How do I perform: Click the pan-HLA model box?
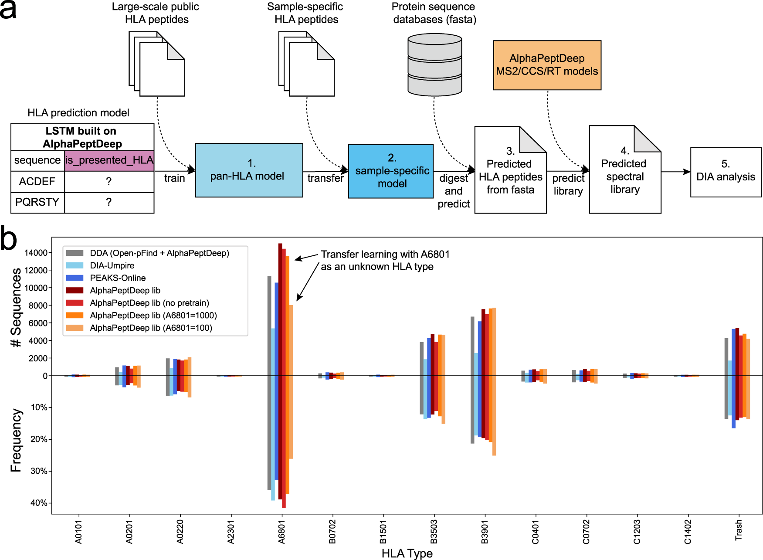[x=249, y=170]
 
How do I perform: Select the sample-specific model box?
[x=391, y=171]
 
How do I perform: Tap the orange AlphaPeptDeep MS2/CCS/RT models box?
[x=547, y=65]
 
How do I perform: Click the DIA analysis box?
[x=726, y=172]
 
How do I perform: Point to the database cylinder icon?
[x=434, y=65]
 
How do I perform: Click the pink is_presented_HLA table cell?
[x=109, y=160]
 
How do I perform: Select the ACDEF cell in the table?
[x=37, y=182]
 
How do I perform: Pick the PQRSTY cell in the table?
[x=37, y=202]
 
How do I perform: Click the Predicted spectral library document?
[x=625, y=176]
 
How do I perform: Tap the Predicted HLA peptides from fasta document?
[x=510, y=176]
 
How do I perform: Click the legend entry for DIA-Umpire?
[x=112, y=265]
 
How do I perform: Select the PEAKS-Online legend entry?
[x=118, y=278]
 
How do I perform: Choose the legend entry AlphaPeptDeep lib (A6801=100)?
[x=151, y=328]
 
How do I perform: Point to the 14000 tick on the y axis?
[x=36, y=253]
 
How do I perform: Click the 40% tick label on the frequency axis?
[x=39, y=503]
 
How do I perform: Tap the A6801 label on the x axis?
[x=282, y=532]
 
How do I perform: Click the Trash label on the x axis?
[x=738, y=530]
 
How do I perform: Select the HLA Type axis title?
[x=407, y=553]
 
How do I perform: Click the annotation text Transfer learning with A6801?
[x=385, y=255]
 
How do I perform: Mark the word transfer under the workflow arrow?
[x=326, y=178]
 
